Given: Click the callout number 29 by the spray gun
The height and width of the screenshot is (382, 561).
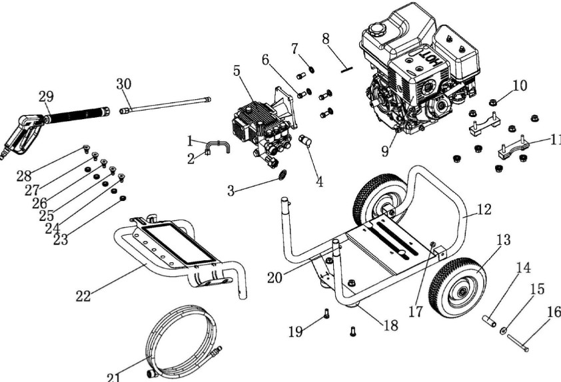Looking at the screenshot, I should pyautogui.click(x=46, y=96).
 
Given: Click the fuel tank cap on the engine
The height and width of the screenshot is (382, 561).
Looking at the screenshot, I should pyautogui.click(x=377, y=29).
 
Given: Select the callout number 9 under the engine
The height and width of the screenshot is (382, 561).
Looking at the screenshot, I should pyautogui.click(x=385, y=152).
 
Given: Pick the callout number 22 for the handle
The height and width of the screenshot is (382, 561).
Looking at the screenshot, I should pyautogui.click(x=83, y=296).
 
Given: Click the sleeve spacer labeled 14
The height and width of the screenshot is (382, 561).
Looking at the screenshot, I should pyautogui.click(x=490, y=321).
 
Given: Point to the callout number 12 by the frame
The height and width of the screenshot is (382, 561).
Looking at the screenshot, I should pyautogui.click(x=484, y=210).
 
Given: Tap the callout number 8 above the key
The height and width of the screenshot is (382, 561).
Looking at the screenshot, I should pyautogui.click(x=326, y=39).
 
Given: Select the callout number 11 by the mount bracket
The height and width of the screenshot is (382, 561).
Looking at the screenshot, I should pyautogui.click(x=554, y=140).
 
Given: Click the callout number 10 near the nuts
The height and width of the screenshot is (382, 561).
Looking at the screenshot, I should pyautogui.click(x=519, y=86).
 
